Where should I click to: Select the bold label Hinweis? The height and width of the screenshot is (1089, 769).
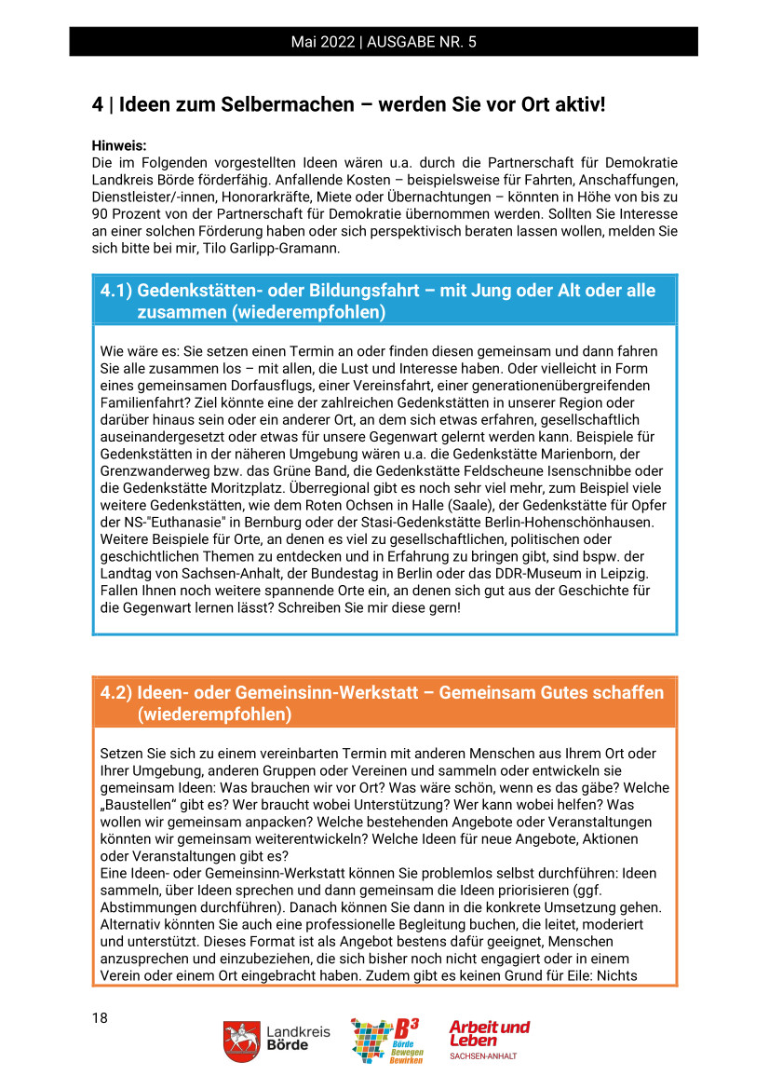(120, 146)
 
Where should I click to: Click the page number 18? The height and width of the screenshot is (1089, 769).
(100, 1017)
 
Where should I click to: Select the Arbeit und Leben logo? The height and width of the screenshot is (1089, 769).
(489, 1039)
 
